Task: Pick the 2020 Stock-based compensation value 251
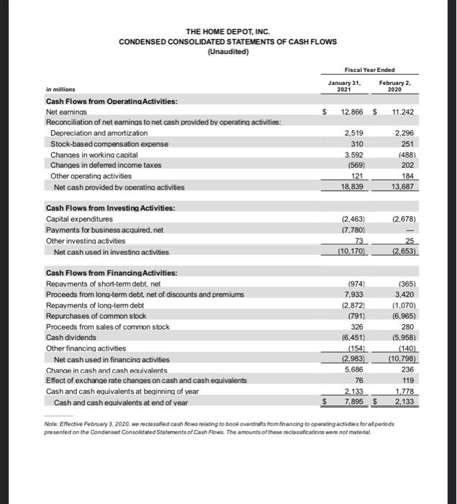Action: [410, 143]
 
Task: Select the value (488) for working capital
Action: [408, 154]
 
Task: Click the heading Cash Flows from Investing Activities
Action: [100, 209]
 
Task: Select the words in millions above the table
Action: [60, 91]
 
